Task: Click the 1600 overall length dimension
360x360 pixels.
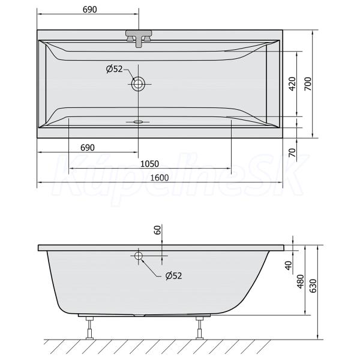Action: (160, 178)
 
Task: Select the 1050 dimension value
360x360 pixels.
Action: (149, 164)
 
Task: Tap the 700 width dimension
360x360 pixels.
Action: (308, 84)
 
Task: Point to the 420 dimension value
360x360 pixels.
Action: (292, 84)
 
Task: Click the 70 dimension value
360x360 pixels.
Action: (292, 152)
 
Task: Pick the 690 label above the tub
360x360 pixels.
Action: (90, 10)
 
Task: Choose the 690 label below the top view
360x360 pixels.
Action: (88, 148)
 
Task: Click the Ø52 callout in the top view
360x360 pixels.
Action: (115, 69)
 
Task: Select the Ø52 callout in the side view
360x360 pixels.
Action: (173, 276)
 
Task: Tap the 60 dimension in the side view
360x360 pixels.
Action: (157, 230)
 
